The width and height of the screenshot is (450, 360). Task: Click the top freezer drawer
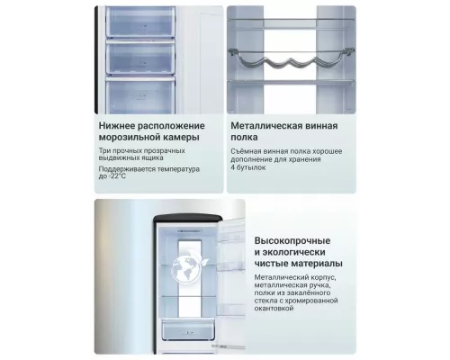click(140, 22)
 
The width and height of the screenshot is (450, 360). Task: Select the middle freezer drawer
click(140, 58)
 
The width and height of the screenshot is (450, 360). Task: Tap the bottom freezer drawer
click(140, 95)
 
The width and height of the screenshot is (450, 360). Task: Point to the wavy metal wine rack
click(291, 58)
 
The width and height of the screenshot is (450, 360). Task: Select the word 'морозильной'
click(130, 137)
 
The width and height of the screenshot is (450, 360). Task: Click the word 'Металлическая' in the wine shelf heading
click(266, 125)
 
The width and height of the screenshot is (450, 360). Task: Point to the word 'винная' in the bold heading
click(321, 126)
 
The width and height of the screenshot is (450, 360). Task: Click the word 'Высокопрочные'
click(292, 240)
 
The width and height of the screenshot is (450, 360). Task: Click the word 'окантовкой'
click(274, 308)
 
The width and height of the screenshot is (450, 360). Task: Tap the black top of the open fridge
click(188, 219)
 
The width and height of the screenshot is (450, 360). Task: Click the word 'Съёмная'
click(244, 151)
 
